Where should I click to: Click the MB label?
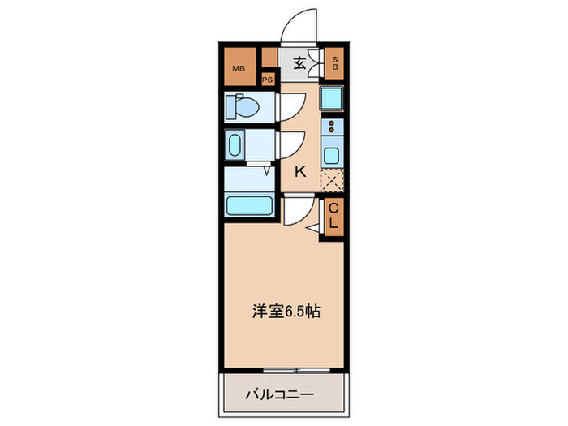239,68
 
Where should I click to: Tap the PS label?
268,80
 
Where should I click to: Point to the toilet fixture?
244,105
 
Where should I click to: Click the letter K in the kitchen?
299,171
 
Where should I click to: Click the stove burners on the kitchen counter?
332,128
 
